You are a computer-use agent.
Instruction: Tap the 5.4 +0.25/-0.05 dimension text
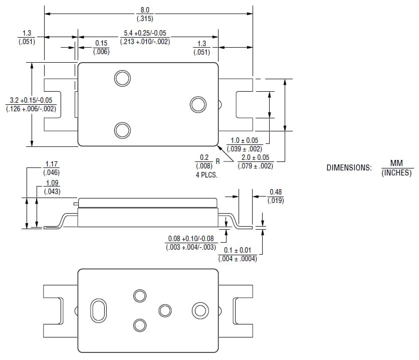coord(145,34)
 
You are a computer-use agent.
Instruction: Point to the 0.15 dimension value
coord(101,44)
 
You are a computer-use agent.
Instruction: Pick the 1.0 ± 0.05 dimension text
coord(244,140)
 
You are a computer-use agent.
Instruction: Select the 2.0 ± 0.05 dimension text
coord(255,157)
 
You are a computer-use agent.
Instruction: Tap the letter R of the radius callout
coord(218,161)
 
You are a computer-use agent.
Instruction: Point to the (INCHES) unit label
coord(396,172)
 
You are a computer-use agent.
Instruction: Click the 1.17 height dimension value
coord(52,164)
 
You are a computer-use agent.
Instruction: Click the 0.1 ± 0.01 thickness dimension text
coord(238,250)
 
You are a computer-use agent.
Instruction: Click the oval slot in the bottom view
coord(98,310)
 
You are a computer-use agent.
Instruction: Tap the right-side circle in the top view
coord(198,104)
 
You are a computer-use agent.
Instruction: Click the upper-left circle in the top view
coord(122,78)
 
